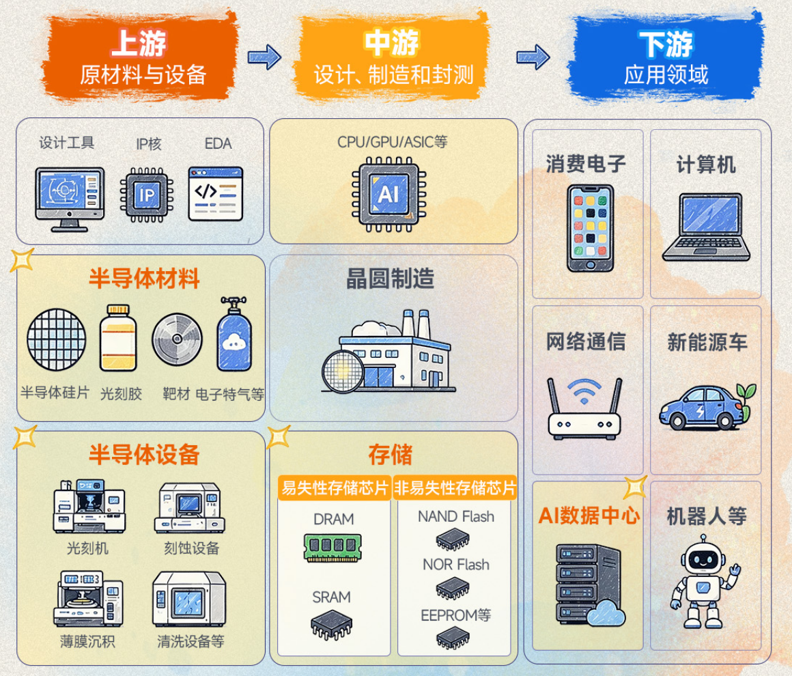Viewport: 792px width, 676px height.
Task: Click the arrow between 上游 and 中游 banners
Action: [x=264, y=57]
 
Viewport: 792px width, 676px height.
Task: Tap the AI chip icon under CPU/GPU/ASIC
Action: [x=389, y=195]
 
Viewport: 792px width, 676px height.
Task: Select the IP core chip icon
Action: [x=147, y=195]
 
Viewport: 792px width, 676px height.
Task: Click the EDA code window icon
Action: [x=216, y=193]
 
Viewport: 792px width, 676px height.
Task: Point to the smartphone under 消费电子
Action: [x=590, y=228]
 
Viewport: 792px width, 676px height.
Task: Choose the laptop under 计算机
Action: [x=706, y=227]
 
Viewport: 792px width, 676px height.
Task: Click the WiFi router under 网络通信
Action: [x=584, y=408]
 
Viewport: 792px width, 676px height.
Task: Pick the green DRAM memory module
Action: [x=333, y=548]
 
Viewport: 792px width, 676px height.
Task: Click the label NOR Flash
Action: [x=456, y=564]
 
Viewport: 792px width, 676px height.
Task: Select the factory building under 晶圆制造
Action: [x=389, y=351]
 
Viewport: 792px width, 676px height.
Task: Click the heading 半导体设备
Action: [x=144, y=454]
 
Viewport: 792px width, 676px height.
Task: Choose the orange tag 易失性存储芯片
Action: [x=335, y=488]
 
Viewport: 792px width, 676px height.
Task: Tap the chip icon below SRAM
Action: [x=331, y=625]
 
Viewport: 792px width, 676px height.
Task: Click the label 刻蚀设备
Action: [x=191, y=548]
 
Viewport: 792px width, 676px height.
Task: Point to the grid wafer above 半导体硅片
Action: [x=57, y=339]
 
